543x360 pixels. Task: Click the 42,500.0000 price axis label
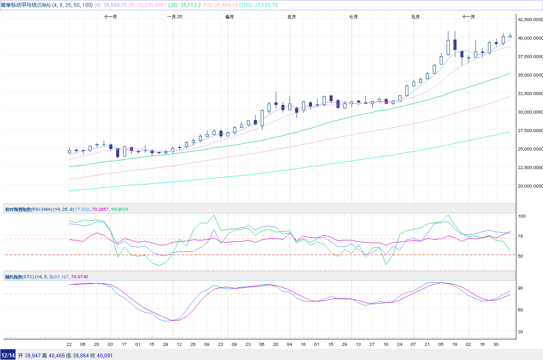click(529, 19)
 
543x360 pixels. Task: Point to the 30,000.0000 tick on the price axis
click(529, 112)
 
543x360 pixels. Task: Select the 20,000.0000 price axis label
click(529, 186)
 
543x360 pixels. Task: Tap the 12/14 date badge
click(8, 355)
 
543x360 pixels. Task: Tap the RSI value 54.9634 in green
click(120, 209)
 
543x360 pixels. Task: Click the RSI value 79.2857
click(99, 209)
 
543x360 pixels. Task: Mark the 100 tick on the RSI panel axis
click(522, 216)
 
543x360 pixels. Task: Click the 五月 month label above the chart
click(291, 17)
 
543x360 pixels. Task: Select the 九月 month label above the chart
click(415, 17)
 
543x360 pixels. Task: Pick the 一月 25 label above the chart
click(174, 17)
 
